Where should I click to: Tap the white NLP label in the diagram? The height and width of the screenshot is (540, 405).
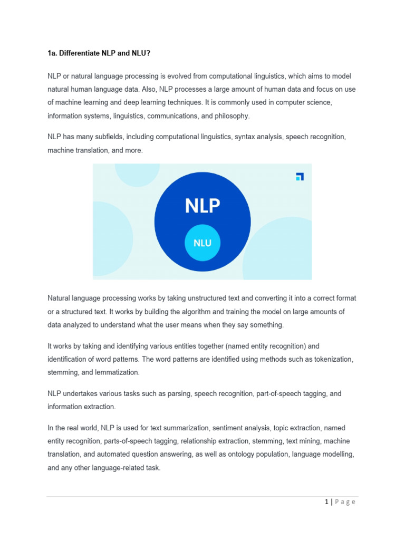pyautogui.click(x=202, y=206)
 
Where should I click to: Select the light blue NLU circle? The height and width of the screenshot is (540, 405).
pyautogui.click(x=202, y=243)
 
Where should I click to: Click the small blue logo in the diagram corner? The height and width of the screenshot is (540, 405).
pyautogui.click(x=300, y=177)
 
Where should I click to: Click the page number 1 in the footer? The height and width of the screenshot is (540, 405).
pyautogui.click(x=326, y=502)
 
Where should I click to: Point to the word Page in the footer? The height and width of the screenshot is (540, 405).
pyautogui.click(x=345, y=502)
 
